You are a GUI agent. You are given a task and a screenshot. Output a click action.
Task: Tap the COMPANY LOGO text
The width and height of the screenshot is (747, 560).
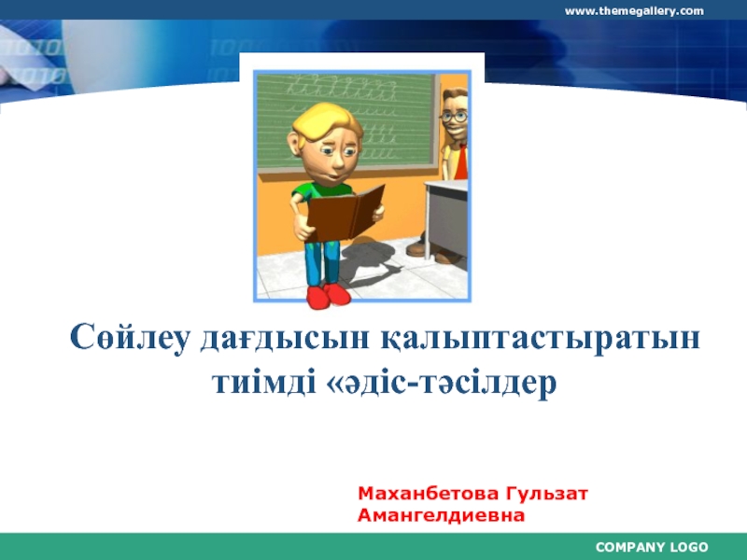click(652, 547)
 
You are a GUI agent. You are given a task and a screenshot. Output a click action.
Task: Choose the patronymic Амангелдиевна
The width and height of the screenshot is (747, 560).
click(441, 514)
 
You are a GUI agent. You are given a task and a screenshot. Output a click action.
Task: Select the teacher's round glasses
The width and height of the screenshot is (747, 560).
click(455, 117)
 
